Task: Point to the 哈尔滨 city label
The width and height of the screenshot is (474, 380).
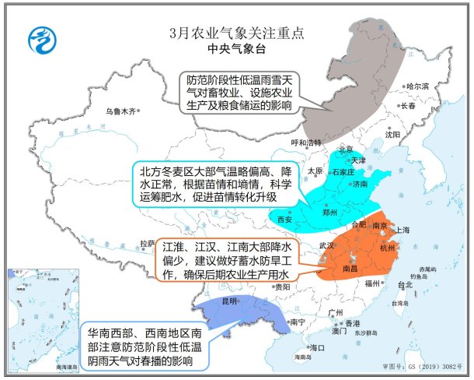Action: click(416, 86)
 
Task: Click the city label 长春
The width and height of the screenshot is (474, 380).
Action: click(408, 105)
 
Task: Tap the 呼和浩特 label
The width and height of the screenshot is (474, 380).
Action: click(305, 142)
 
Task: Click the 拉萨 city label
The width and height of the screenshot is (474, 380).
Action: click(146, 243)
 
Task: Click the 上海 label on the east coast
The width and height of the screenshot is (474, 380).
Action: click(403, 230)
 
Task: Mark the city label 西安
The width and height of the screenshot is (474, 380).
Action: click(284, 220)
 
